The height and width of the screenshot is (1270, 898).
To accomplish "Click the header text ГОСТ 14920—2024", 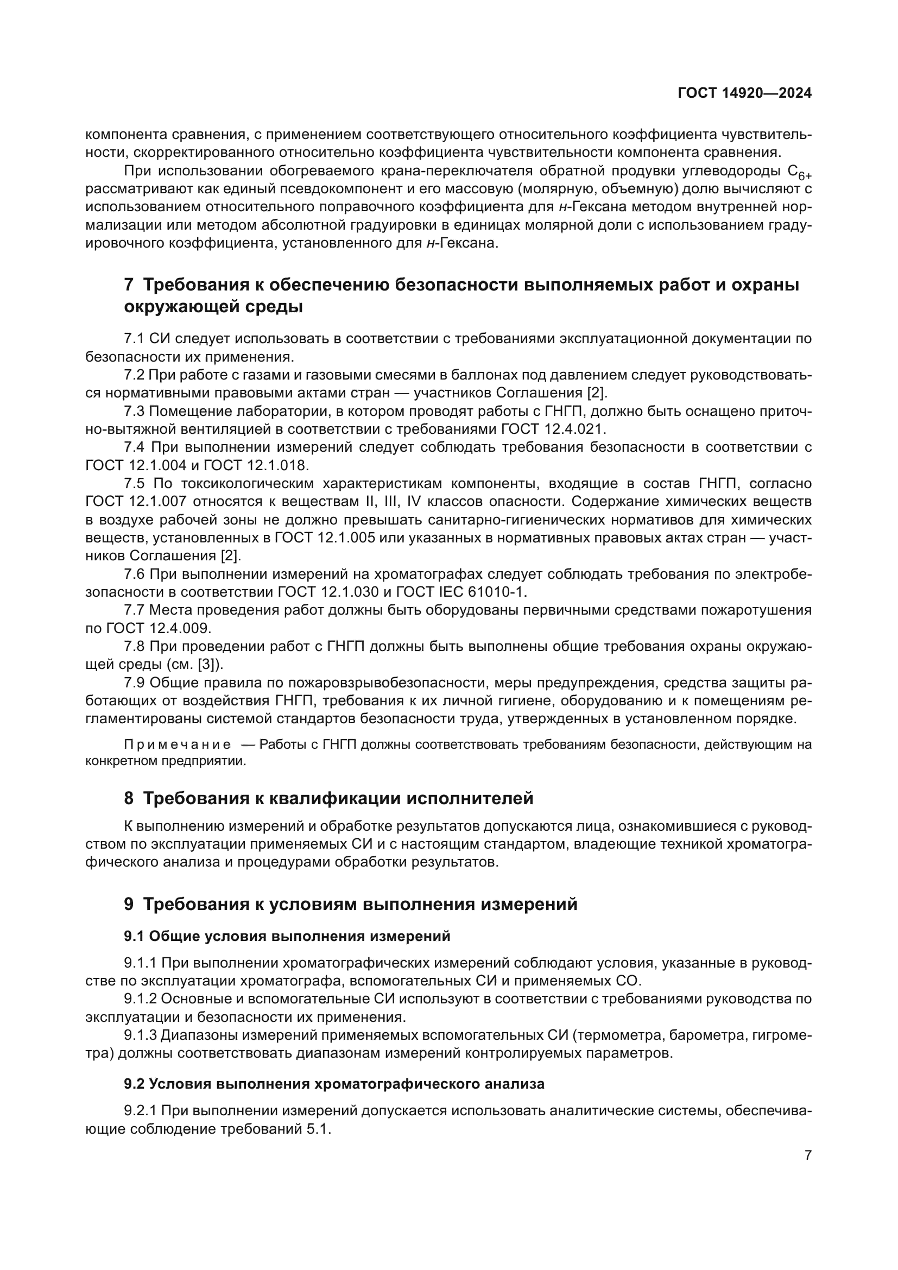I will tap(744, 93).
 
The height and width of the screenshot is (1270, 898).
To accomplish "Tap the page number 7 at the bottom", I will tap(808, 1155).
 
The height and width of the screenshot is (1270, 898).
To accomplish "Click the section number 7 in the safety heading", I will tap(129, 285).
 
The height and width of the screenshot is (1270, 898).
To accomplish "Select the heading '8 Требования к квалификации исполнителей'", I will tap(328, 798).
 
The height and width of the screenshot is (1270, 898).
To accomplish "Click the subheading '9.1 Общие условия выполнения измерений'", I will tap(287, 936).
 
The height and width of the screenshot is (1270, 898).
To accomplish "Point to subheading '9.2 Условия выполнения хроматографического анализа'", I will tap(334, 1084).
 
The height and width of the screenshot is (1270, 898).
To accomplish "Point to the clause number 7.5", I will tap(134, 483).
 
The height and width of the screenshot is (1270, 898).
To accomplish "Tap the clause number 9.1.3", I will tap(141, 1034).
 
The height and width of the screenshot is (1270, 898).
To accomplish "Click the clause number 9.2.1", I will tap(141, 1111).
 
